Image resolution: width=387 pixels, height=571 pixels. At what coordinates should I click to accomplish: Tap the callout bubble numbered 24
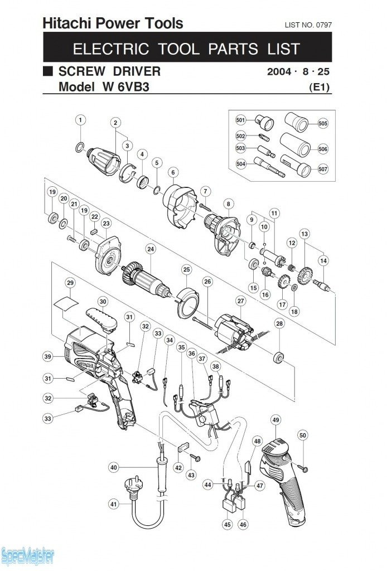pos(150,249)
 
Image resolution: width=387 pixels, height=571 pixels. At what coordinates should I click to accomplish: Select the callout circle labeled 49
pos(275,419)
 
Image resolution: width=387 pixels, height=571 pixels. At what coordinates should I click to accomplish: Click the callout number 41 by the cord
pos(114,504)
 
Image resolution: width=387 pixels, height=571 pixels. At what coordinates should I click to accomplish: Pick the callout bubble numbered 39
pos(48,356)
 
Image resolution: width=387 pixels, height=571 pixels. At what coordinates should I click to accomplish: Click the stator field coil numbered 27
pos(234,332)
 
